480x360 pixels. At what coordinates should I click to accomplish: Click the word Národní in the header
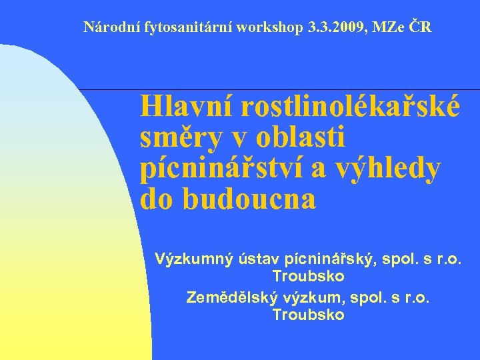tap(108, 27)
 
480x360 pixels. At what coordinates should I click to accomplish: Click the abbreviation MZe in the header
tap(393, 27)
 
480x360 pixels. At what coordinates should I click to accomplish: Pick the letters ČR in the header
tap(422, 27)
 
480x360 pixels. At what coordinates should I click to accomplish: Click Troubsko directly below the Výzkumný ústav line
tap(309, 275)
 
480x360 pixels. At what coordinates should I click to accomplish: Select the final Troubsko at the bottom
tap(309, 315)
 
